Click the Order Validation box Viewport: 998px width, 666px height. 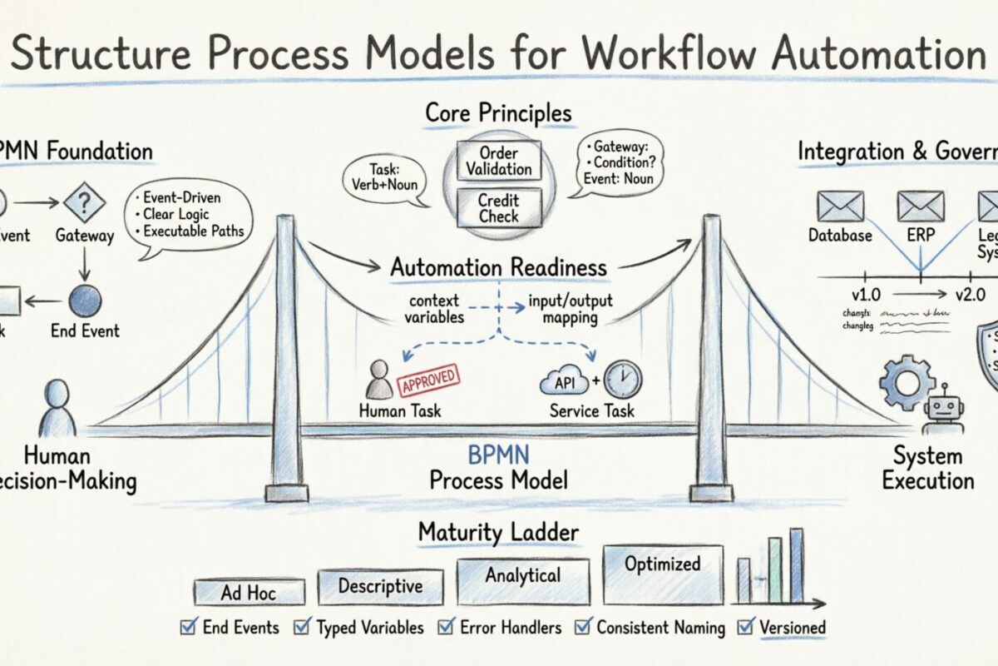(x=498, y=161)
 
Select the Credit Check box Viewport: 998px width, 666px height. (x=498, y=207)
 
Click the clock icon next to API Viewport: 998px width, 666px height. (x=623, y=380)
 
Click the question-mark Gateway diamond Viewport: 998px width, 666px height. (x=84, y=202)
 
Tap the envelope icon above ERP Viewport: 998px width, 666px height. (x=920, y=206)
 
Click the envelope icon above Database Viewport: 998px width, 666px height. (x=840, y=206)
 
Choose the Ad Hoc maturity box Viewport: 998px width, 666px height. (x=248, y=592)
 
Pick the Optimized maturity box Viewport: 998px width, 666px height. (x=662, y=573)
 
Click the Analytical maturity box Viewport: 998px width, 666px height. (x=522, y=579)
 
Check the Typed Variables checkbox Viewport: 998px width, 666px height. (x=304, y=628)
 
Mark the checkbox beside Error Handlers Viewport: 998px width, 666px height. (x=447, y=628)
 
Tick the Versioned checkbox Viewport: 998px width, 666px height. (x=745, y=628)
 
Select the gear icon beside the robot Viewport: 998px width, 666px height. (x=907, y=383)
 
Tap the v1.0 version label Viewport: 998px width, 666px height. (x=865, y=295)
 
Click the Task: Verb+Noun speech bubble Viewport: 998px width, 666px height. (x=382, y=178)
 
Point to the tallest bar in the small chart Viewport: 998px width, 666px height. (x=796, y=565)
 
